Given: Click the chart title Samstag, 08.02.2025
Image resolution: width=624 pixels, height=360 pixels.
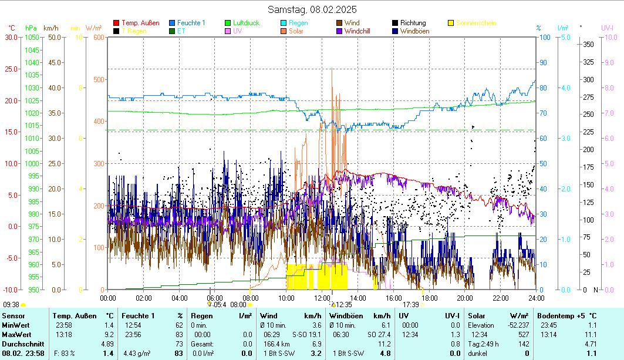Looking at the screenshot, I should pyautogui.click(x=312, y=9).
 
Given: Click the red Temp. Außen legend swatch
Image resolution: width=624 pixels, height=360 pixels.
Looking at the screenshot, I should pyautogui.click(x=116, y=23).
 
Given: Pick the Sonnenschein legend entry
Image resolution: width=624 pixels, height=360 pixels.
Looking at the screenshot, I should pyautogui.click(x=475, y=23).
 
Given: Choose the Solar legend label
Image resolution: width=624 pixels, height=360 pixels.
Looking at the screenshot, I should pyautogui.click(x=296, y=31).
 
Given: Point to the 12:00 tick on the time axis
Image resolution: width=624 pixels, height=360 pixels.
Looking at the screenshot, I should pyautogui.click(x=322, y=298).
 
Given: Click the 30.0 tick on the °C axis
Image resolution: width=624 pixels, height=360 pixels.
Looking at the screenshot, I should pyautogui.click(x=11, y=37).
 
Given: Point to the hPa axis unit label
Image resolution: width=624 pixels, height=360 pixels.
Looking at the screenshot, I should pyautogui.click(x=31, y=28).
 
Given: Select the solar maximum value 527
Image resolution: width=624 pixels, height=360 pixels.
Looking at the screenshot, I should pyautogui.click(x=526, y=334).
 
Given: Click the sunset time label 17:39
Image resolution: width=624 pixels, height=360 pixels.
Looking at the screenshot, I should pyautogui.click(x=411, y=304).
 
